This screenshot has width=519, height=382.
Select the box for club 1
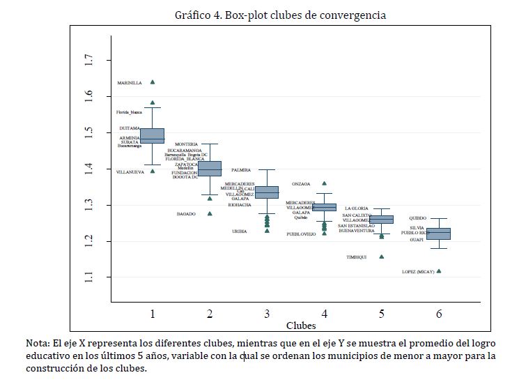tap(153, 136)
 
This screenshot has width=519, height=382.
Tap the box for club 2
tap(210, 168)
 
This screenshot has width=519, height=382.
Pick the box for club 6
tap(439, 234)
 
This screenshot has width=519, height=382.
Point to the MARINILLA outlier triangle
tap(153, 82)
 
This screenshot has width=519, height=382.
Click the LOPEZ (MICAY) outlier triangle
tap(439, 271)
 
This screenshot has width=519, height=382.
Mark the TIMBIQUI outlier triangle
tap(382, 257)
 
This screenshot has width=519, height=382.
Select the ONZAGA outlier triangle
tap(324, 183)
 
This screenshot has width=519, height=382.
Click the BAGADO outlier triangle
tap(210, 213)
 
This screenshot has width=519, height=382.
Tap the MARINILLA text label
tap(130, 83)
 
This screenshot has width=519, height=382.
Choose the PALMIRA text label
tap(241, 169)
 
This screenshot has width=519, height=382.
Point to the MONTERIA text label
tap(187, 144)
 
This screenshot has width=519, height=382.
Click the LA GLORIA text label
tap(357, 208)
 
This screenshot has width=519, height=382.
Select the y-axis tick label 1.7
tap(88, 60)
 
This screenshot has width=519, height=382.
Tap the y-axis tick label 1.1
tap(88, 277)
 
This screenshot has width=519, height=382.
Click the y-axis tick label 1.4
tap(88, 169)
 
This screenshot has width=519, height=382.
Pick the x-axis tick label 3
tap(267, 314)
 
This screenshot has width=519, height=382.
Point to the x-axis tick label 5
tap(382, 314)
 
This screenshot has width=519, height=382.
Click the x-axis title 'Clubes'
tap(301, 325)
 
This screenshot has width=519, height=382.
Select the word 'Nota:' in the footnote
tap(39, 343)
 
